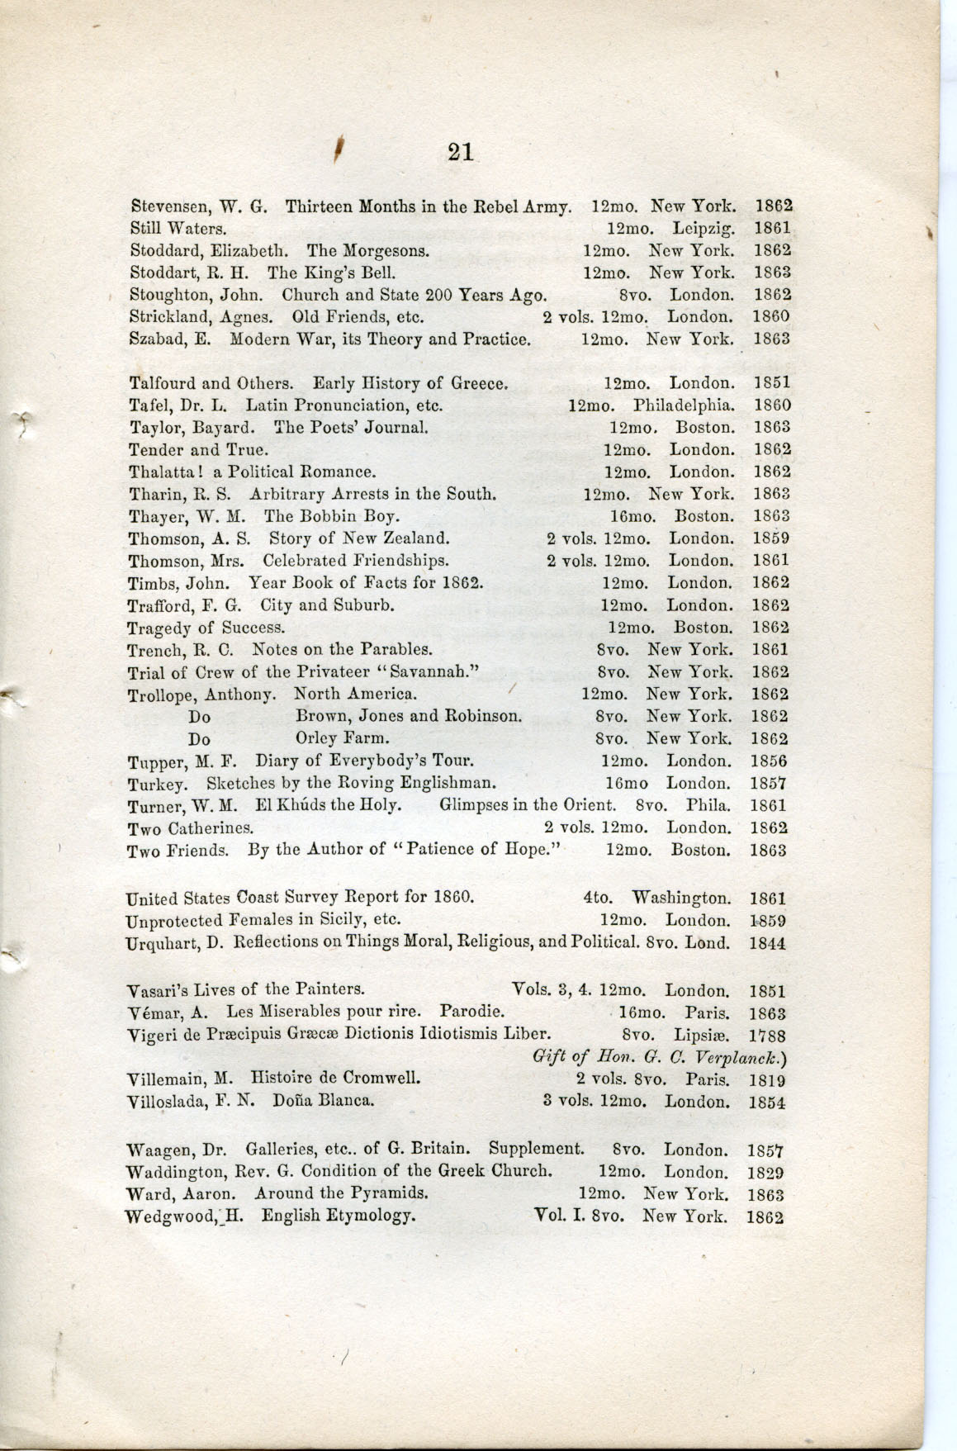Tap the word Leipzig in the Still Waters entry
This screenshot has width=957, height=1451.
[x=703, y=227]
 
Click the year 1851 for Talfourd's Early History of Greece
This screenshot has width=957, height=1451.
[x=772, y=383]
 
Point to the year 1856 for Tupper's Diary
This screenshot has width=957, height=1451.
[x=770, y=761]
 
